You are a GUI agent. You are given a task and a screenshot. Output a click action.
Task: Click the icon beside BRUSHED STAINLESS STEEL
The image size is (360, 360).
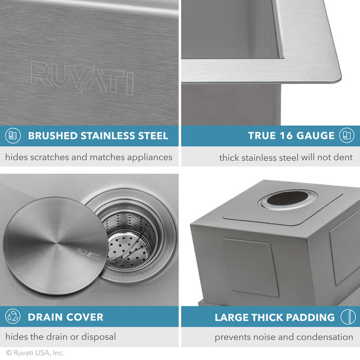tap(12, 136)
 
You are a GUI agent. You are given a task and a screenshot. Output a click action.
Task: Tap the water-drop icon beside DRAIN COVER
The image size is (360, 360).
tap(12, 317)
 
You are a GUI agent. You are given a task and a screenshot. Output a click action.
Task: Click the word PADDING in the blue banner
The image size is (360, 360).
tap(309, 317)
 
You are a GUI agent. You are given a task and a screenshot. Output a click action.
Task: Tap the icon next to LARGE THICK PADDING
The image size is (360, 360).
tap(348, 317)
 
